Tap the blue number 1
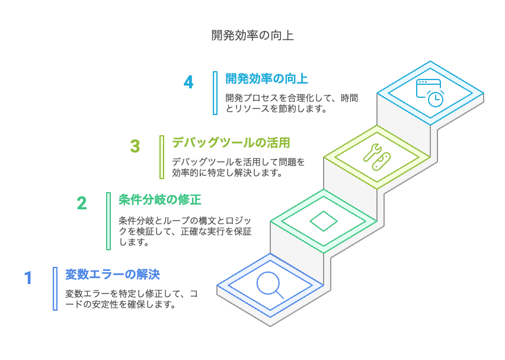point(28,278)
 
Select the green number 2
point(82,203)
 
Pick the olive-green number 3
point(135,146)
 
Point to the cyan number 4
point(188,82)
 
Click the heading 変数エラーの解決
point(112,275)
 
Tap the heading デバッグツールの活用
point(231,142)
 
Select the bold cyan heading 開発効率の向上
point(266,79)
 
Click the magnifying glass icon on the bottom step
point(270,283)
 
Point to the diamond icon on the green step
point(323,221)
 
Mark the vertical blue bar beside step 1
point(55,289)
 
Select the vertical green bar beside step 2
point(108,221)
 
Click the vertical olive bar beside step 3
point(162,157)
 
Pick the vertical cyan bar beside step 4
point(215,93)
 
